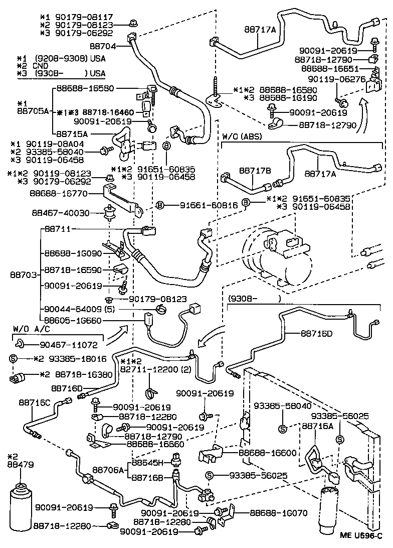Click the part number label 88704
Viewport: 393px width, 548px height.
pos(103,46)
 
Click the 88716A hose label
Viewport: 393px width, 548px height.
pos(317,426)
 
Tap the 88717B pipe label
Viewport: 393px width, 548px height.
pos(255,171)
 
